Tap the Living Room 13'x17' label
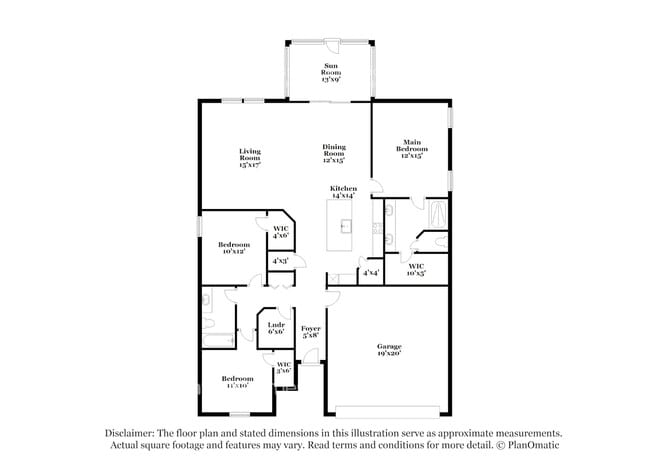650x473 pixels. [x=249, y=158]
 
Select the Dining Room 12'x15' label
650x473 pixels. [x=333, y=153]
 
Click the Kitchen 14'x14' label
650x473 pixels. [x=343, y=191]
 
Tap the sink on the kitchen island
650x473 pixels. [x=346, y=225]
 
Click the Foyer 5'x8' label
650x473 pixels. [x=311, y=332]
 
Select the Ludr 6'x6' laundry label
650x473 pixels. [x=275, y=327]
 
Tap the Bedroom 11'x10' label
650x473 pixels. [x=237, y=382]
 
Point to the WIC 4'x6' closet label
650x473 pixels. [x=281, y=232]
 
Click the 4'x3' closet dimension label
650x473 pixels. [x=281, y=261]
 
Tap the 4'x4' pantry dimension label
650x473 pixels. [x=370, y=272]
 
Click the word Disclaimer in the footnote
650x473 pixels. [x=133, y=433]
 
